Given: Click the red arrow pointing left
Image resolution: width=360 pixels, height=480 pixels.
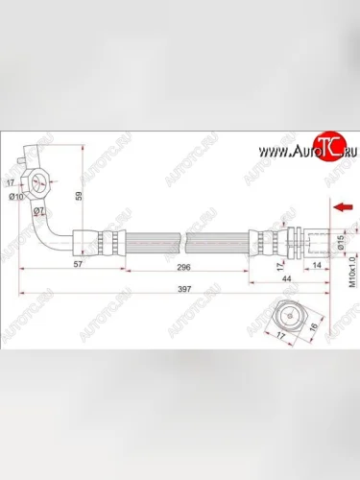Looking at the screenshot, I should pos(337,205).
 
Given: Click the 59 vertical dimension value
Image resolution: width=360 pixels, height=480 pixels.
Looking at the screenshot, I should pos(81,200).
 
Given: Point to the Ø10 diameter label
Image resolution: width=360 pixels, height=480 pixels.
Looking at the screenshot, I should pos(16,198).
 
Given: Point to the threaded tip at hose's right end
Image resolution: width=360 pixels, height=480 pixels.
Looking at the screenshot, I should pos(317,239).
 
